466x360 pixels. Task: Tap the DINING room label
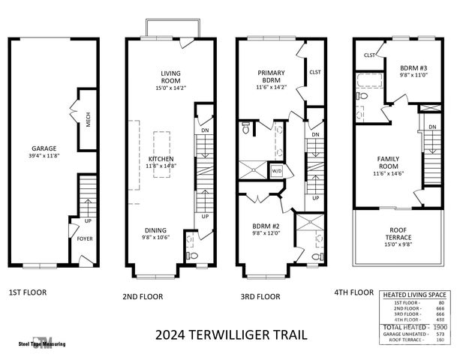tap(156, 230)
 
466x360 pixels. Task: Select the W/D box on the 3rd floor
tap(275, 170)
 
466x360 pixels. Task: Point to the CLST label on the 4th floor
tap(370, 55)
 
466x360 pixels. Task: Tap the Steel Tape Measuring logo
tap(44, 342)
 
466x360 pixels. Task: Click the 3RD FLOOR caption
tap(260, 296)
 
